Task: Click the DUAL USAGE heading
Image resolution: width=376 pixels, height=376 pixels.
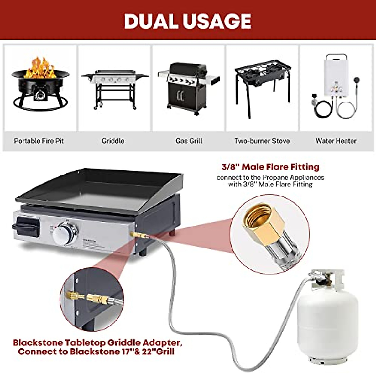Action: (x=188, y=21)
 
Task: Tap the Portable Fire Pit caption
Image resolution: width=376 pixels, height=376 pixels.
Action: (x=39, y=141)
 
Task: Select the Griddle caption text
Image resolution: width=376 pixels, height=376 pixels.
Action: (x=113, y=141)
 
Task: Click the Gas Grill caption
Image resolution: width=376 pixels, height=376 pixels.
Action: (x=189, y=141)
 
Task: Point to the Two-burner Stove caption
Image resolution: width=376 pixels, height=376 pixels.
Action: (x=262, y=141)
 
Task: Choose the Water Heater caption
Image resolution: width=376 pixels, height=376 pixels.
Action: (x=336, y=141)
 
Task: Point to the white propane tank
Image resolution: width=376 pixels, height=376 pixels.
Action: (x=327, y=316)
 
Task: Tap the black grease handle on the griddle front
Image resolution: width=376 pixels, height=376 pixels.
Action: (x=26, y=226)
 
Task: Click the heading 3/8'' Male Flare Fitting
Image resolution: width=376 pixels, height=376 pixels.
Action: (x=270, y=167)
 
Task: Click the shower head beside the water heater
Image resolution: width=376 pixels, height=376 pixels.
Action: (x=357, y=80)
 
